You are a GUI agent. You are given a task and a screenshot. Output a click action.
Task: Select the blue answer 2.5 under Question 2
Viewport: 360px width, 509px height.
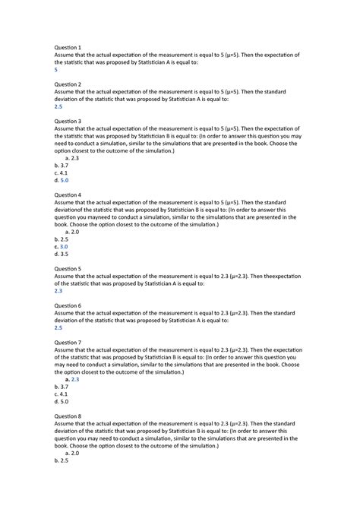[x=58, y=106]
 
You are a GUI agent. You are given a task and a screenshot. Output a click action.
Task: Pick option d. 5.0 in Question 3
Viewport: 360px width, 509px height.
[x=62, y=181]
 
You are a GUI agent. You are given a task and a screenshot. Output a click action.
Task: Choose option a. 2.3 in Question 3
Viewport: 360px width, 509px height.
[x=73, y=158]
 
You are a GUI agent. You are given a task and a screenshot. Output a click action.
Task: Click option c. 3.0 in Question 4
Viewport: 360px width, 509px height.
[x=62, y=247]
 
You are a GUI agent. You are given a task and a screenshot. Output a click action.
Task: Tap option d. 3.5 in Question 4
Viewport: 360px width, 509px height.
[x=62, y=254]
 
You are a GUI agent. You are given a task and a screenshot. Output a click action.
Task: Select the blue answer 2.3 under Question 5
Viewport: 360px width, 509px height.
[x=58, y=291]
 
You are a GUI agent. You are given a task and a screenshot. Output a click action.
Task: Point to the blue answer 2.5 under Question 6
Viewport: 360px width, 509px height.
[x=58, y=328]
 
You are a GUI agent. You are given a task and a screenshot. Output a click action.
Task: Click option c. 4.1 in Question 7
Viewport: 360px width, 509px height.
[x=62, y=394]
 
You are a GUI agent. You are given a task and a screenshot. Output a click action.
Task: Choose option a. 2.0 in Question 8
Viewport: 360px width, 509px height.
[x=73, y=453]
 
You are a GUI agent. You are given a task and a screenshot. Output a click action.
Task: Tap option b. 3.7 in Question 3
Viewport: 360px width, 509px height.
[x=62, y=166]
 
